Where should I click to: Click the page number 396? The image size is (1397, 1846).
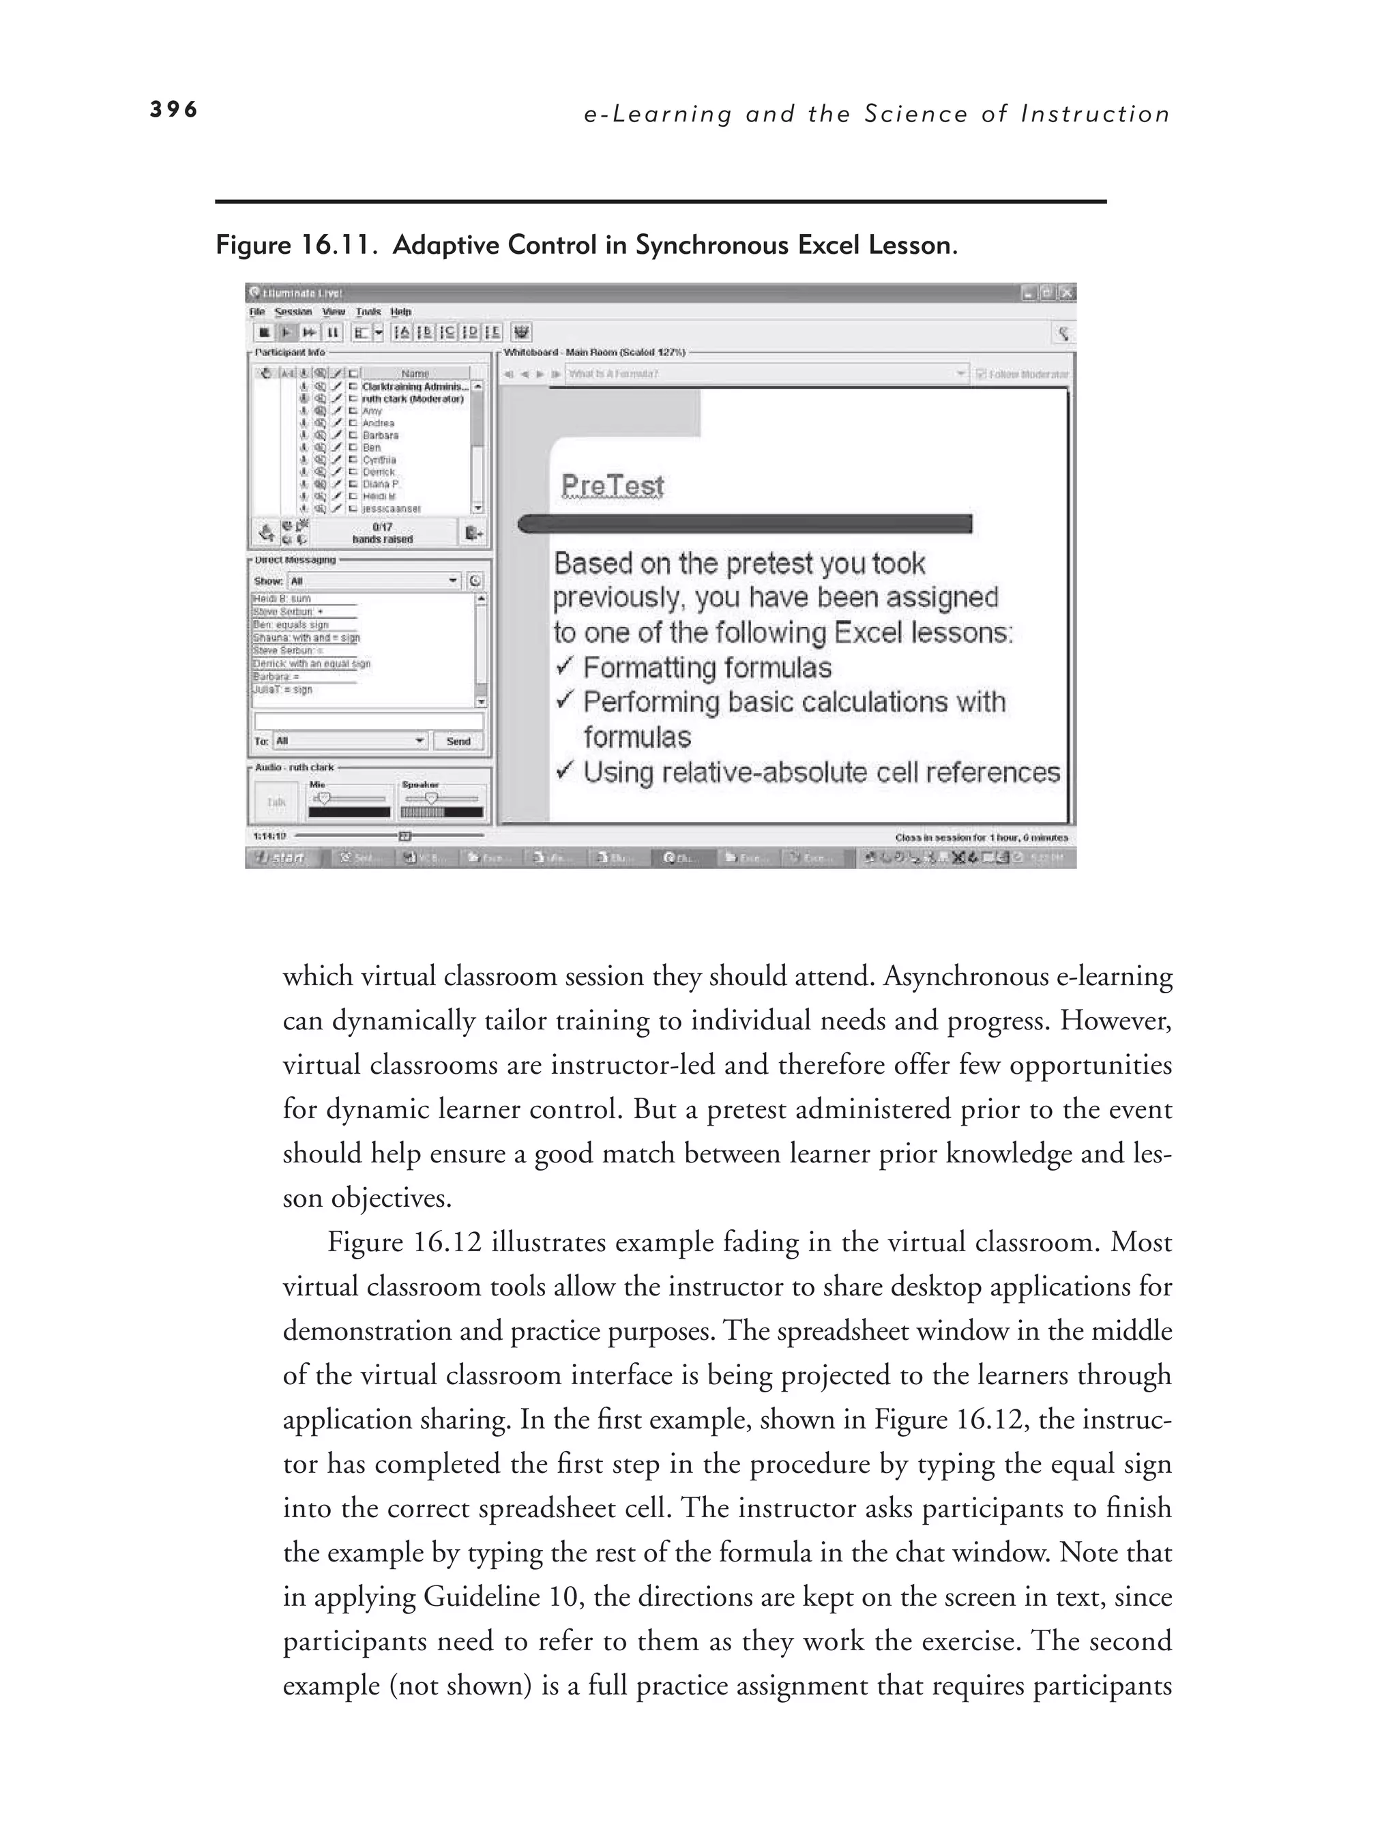pos(173,109)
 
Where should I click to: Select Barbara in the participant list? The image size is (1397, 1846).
pos(380,435)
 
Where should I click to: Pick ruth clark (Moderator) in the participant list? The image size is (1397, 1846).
pos(412,399)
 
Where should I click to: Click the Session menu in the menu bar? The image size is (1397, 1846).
pos(293,312)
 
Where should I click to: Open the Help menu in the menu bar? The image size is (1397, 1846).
pos(400,312)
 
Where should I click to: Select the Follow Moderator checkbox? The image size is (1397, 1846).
pos(982,374)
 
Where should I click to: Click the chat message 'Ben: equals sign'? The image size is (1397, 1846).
pos(291,624)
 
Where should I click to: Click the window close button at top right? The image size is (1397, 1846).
pos(1067,293)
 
